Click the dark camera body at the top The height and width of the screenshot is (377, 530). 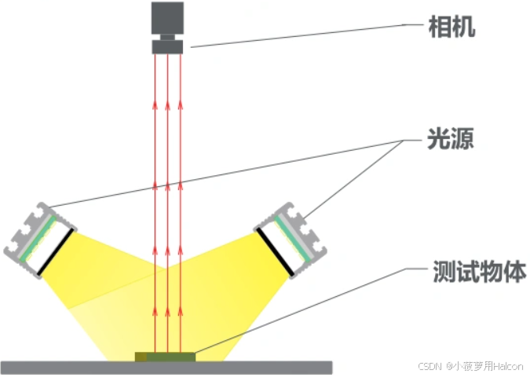point(167,19)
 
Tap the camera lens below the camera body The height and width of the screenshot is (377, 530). point(167,46)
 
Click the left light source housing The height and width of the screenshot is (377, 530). point(35,237)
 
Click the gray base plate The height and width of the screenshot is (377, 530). point(79,367)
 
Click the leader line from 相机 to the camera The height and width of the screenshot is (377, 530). point(298,35)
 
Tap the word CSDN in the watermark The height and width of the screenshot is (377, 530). point(429,366)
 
